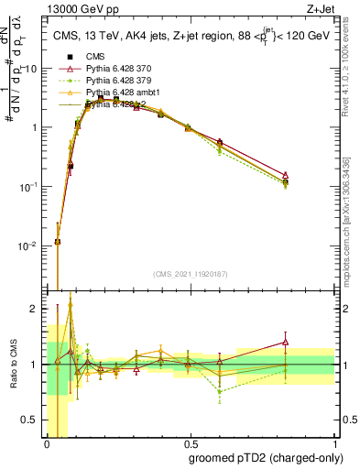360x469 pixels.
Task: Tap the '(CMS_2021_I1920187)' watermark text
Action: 190,275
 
